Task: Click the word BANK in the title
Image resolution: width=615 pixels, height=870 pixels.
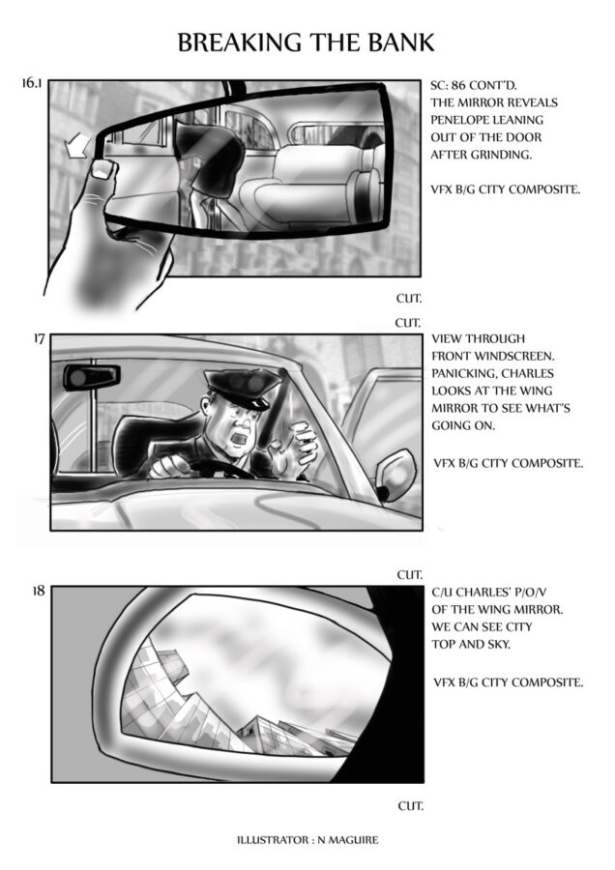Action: pos(400,43)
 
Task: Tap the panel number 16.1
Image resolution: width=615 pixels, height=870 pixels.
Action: pos(32,83)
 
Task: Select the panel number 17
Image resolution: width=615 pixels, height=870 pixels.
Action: pos(39,338)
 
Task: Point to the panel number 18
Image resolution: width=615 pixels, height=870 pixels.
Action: pos(39,591)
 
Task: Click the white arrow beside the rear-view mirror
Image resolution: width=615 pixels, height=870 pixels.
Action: pos(76,145)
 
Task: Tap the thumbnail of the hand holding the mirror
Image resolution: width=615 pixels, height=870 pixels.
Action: pos(102,168)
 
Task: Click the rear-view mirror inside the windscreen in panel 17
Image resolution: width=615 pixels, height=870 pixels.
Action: pos(92,377)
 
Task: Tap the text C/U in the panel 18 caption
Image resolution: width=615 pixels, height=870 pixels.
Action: pos(442,593)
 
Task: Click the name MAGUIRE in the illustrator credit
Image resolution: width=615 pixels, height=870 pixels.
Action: pos(353,840)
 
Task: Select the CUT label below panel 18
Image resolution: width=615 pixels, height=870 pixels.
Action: pos(410,805)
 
